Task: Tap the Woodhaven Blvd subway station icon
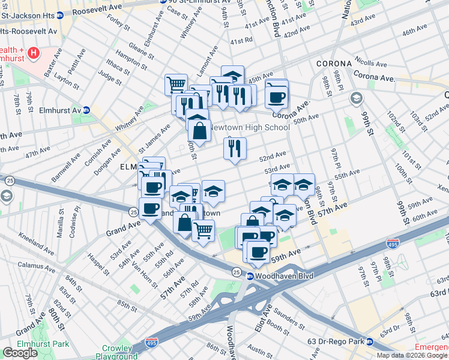pos(250,276)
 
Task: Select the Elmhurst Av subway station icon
pos(86,110)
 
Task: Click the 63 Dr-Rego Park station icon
pos(370,342)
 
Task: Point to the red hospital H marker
pos(34,53)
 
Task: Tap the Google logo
pos(20,353)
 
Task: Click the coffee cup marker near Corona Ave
pos(277,97)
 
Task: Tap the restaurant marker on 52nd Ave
pos(235,148)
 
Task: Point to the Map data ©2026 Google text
pos(412,355)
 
